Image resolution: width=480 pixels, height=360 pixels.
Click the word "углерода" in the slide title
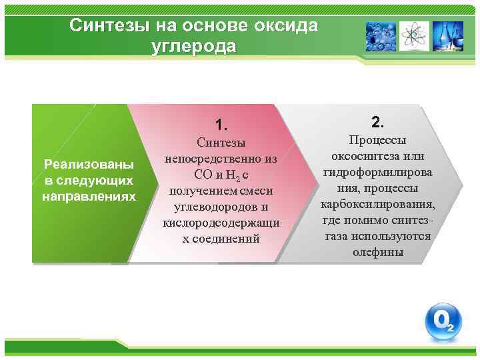point(194,47)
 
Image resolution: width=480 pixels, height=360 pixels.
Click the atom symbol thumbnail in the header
point(414,37)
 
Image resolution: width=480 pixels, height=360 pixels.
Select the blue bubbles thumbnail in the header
point(381,37)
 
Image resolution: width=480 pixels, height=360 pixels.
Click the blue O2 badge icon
point(443,322)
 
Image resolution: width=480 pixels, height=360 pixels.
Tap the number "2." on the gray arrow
point(377,122)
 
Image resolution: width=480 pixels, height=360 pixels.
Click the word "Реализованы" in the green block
point(88,164)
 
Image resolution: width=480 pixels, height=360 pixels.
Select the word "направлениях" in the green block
point(88,197)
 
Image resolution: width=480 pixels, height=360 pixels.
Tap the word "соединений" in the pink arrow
point(227,238)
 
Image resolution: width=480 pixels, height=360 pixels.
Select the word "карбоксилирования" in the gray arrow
point(377,204)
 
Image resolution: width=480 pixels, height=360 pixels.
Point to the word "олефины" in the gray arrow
point(378,253)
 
